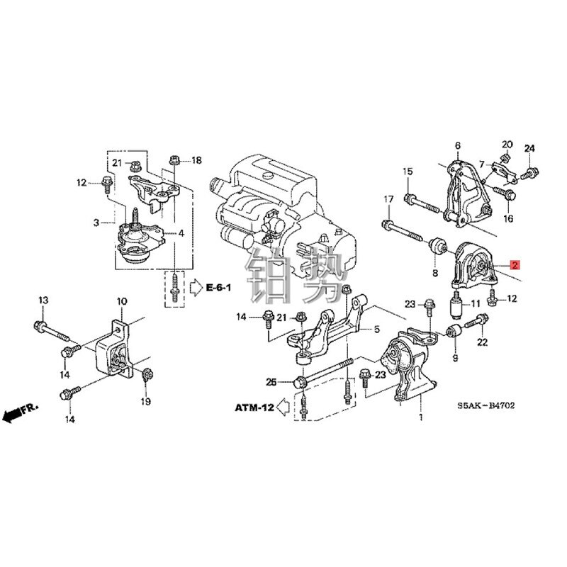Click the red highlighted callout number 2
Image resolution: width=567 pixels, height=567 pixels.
pos(515,266)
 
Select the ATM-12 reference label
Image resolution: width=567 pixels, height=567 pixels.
pos(254,408)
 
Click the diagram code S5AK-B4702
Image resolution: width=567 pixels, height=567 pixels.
pos(485,406)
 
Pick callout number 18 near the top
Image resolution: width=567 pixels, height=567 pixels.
pos(196,160)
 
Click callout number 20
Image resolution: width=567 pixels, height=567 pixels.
pos(507,144)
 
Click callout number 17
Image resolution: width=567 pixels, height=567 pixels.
pos(388,201)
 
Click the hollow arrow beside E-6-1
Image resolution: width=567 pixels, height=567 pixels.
pos(196,287)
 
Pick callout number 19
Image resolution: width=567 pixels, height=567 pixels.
pos(145,401)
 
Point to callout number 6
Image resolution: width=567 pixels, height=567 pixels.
pos(457,147)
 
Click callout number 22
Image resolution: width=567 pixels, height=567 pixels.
pos(483,343)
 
